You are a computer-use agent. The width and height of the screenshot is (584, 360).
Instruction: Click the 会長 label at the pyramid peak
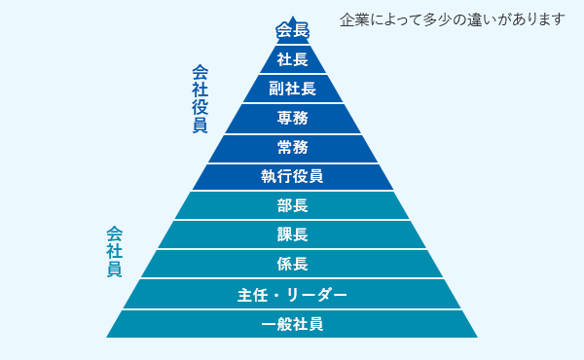(x=292, y=30)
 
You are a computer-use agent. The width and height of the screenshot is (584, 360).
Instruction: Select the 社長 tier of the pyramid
(x=292, y=59)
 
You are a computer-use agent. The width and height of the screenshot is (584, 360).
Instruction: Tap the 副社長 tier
(x=292, y=89)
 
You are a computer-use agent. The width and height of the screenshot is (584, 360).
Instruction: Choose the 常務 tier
(x=292, y=148)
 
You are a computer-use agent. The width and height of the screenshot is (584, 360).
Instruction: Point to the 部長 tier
(x=292, y=205)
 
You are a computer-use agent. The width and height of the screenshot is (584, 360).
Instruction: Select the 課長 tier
(x=292, y=234)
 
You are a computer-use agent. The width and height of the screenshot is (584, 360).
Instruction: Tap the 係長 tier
(x=292, y=264)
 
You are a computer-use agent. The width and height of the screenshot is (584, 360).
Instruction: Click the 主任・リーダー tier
(x=292, y=294)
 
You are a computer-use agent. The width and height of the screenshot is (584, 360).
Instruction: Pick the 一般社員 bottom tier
(x=292, y=323)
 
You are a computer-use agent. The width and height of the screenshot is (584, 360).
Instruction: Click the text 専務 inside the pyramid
(x=292, y=119)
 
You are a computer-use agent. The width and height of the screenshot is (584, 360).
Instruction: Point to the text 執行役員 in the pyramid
(x=292, y=177)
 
